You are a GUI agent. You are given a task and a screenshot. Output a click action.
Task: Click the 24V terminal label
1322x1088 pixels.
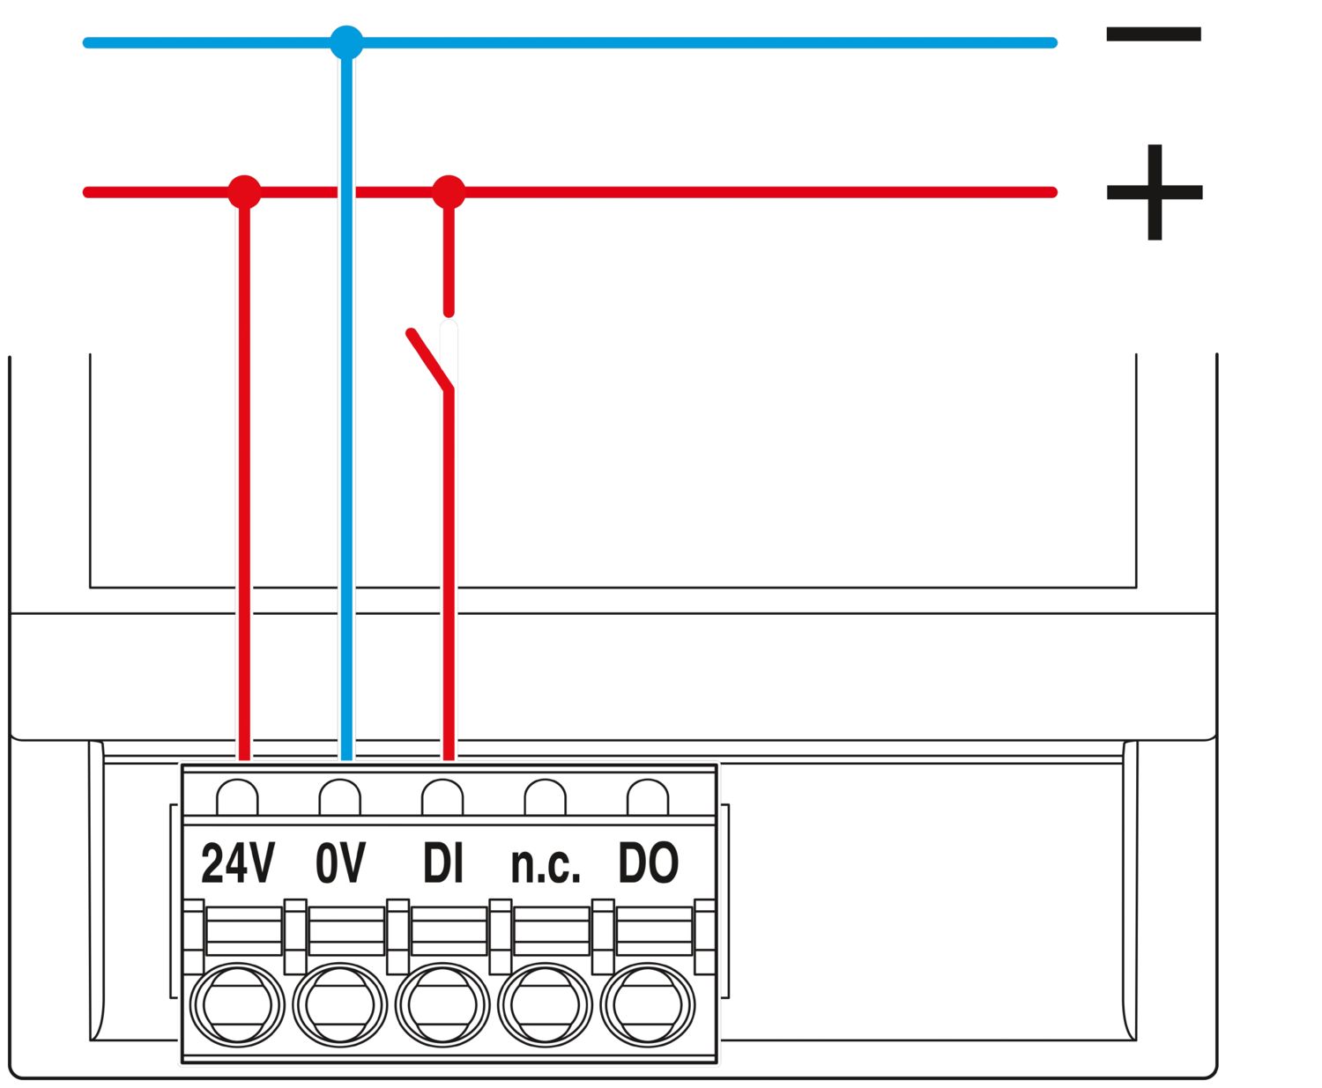[x=238, y=863]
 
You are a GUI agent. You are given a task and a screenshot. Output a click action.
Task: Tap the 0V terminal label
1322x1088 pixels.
[x=340, y=863]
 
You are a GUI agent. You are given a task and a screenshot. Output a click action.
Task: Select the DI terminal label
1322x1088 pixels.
[x=442, y=863]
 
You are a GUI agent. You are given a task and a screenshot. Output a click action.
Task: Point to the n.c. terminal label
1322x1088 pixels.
[x=546, y=866]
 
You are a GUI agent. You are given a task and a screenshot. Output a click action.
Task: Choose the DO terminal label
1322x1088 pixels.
[x=648, y=863]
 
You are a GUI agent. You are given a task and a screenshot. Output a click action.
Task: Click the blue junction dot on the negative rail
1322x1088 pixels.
[x=346, y=42]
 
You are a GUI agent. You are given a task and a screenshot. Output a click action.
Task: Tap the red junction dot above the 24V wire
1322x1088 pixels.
[x=244, y=192]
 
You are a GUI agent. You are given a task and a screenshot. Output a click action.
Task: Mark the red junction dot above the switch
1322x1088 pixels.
[x=449, y=192]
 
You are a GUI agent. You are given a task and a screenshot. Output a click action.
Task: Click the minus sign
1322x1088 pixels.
[x=1154, y=35]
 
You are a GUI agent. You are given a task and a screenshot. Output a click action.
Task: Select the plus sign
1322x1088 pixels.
[x=1155, y=192]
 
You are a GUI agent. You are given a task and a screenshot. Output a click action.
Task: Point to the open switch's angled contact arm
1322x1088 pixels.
[x=429, y=359]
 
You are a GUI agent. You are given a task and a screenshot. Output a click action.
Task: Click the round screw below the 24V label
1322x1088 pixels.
[x=237, y=1005]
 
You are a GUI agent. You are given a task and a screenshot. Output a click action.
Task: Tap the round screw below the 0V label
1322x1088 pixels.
[x=340, y=1005]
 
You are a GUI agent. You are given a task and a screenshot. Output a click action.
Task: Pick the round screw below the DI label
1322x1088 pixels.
[x=442, y=1005]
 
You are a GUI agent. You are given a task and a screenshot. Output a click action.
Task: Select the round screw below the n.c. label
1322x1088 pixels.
[x=545, y=1005]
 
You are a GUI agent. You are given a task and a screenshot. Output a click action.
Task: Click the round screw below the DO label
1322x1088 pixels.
[x=648, y=1005]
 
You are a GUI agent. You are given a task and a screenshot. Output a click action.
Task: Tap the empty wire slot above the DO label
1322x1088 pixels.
[x=648, y=797]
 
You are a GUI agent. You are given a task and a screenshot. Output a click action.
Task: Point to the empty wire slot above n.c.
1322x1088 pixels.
[x=545, y=797]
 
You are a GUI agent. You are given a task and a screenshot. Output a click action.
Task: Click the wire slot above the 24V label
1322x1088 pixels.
[x=237, y=797]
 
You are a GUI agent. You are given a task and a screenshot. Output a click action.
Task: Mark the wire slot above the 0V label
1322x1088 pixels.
[x=340, y=797]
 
